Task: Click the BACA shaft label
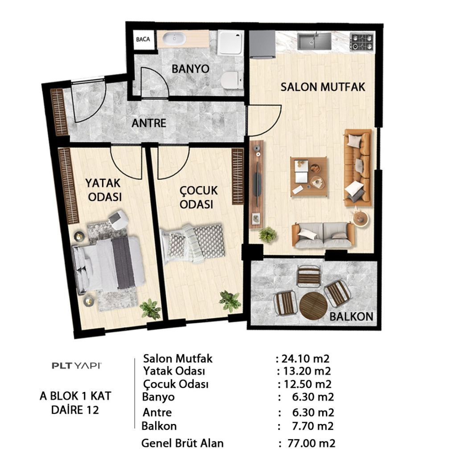click(143, 39)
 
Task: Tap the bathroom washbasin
click(174, 39)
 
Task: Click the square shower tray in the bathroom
click(230, 42)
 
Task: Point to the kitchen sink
click(314, 41)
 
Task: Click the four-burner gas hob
click(362, 42)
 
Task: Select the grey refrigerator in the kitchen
click(262, 44)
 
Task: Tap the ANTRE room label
click(149, 123)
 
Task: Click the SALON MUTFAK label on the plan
click(323, 87)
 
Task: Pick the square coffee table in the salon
click(309, 176)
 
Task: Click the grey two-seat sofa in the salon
click(323, 235)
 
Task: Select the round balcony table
click(313, 305)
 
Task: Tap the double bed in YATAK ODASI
click(108, 265)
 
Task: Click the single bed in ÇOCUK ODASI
click(193, 244)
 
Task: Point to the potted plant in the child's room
click(230, 301)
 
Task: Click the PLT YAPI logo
click(77, 366)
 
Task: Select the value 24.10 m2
click(305, 358)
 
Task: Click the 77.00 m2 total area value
click(312, 444)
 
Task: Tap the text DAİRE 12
click(75, 410)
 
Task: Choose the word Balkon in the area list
click(159, 426)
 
